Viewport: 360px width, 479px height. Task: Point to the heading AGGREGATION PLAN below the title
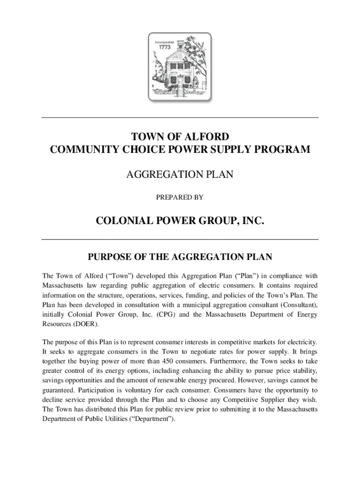coord(180,175)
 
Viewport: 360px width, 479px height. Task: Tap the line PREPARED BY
coord(180,197)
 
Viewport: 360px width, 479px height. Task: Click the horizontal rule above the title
coord(180,116)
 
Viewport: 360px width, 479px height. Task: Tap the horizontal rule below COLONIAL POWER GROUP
coord(180,239)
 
